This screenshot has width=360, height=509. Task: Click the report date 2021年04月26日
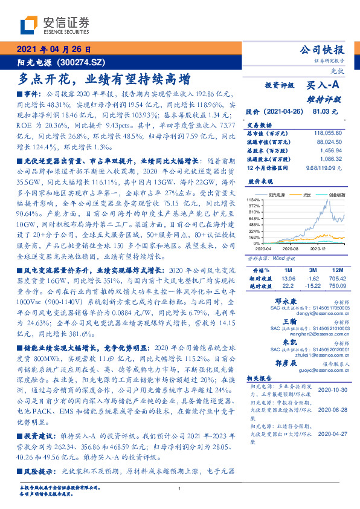pyautogui.click(x=53, y=50)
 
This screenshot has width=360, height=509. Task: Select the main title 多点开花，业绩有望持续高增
pyautogui.click(x=104, y=79)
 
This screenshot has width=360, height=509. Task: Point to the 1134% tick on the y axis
pyautogui.click(x=253, y=199)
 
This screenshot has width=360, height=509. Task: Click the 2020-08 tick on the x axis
pyautogui.click(x=291, y=248)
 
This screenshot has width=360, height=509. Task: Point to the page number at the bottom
pyautogui.click(x=180, y=488)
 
